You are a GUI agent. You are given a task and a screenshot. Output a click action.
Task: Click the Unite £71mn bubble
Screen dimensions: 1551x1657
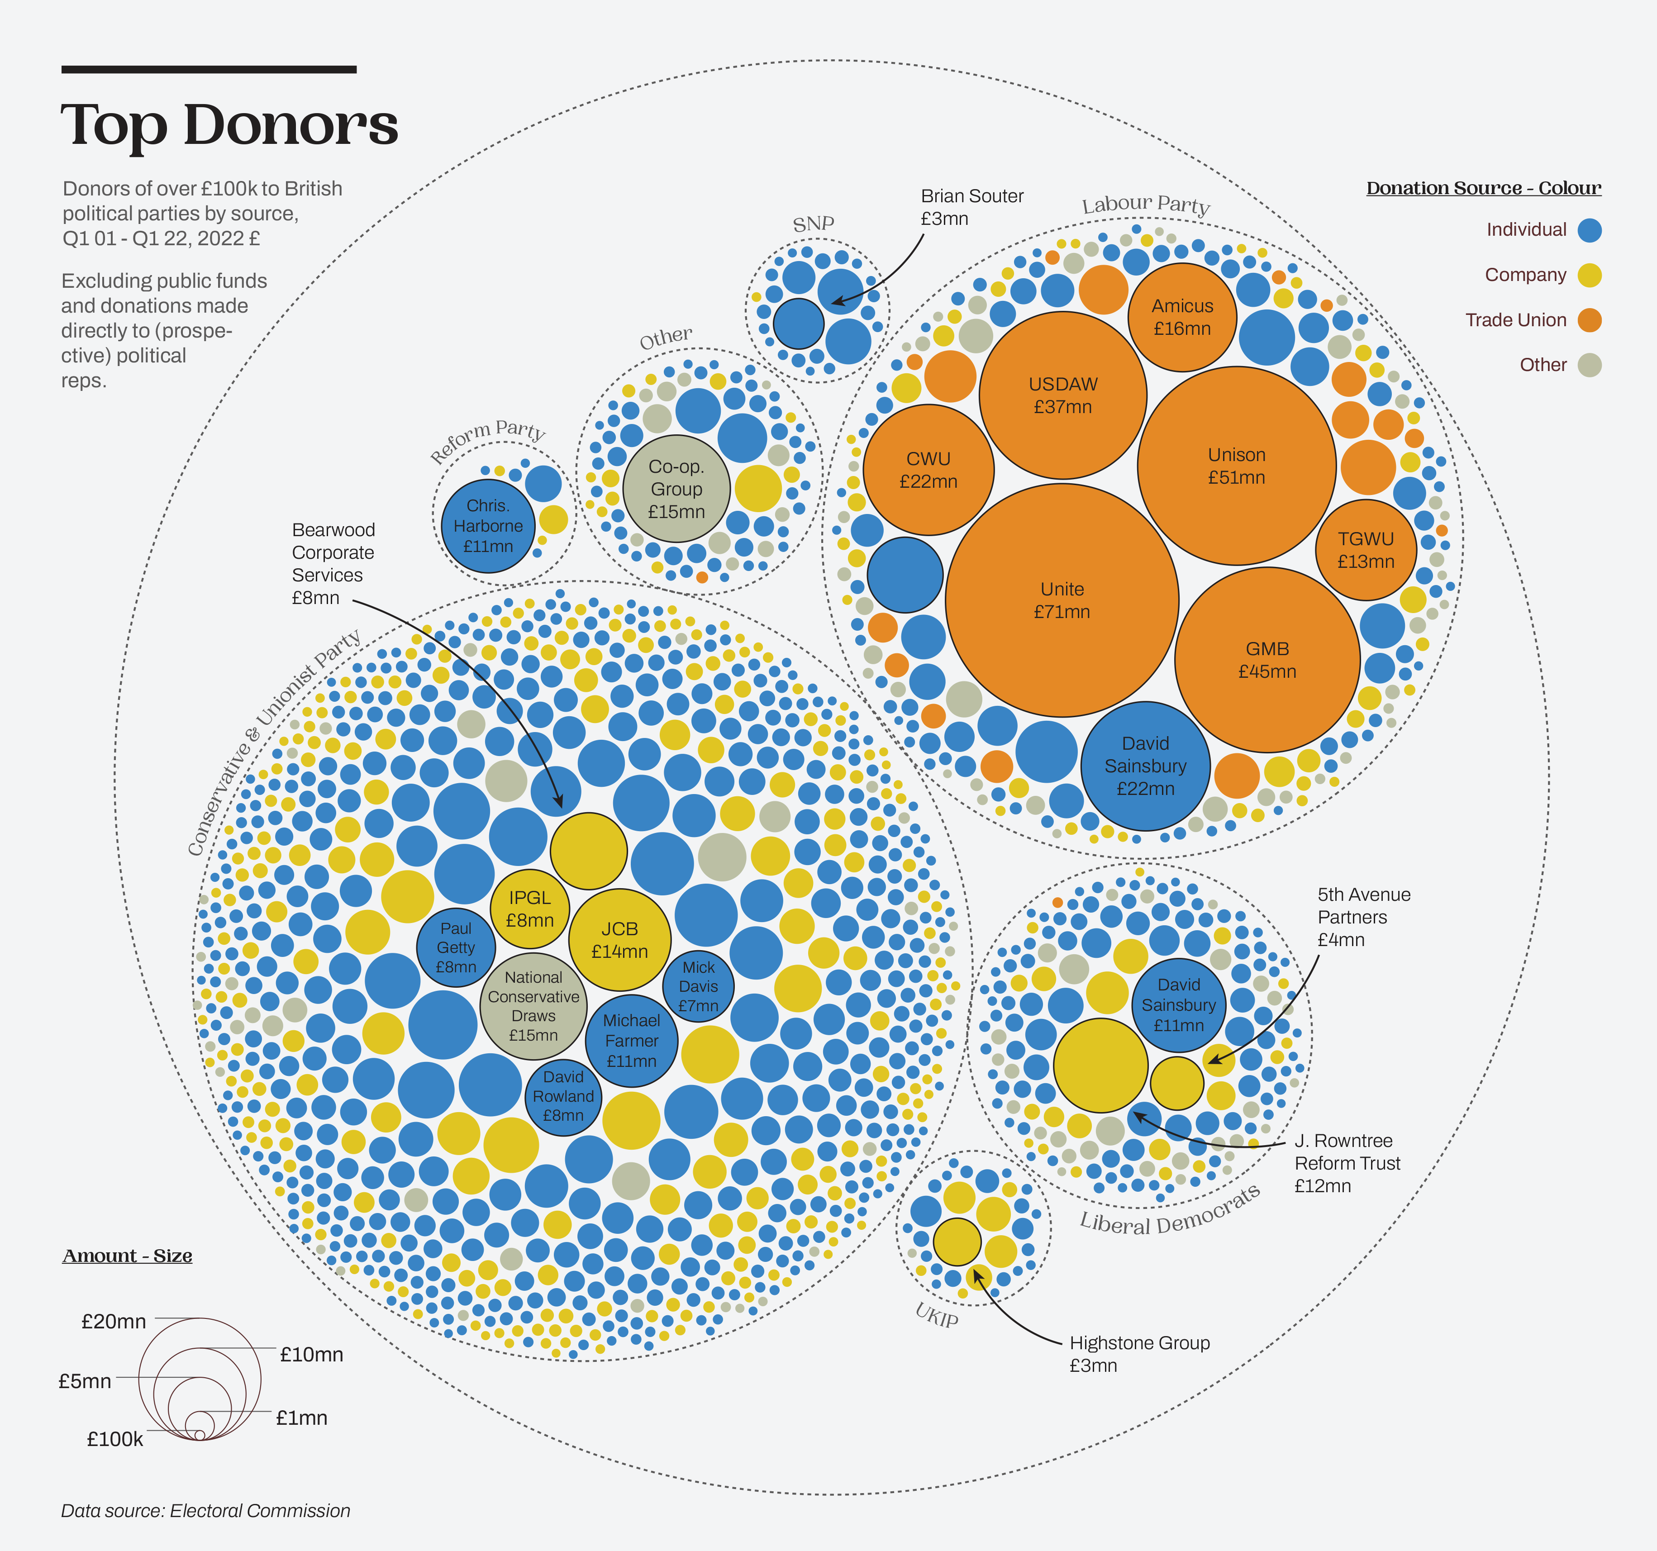(x=1062, y=600)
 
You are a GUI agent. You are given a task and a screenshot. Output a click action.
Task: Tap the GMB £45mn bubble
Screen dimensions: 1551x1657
(x=1267, y=660)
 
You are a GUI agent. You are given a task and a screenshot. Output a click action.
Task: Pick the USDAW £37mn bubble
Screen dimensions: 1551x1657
(x=1063, y=395)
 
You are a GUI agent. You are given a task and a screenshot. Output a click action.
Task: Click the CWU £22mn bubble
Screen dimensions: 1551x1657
(x=928, y=470)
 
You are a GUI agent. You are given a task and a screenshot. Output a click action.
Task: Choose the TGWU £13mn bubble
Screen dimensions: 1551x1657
(x=1365, y=550)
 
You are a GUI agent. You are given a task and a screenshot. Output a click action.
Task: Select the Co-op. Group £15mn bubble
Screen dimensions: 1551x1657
(x=676, y=489)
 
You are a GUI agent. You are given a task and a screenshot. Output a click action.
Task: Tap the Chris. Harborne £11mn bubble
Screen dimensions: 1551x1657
(x=488, y=526)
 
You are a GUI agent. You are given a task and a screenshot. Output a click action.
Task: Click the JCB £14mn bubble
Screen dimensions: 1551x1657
(x=619, y=940)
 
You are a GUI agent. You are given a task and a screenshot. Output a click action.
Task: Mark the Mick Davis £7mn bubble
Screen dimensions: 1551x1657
(x=699, y=987)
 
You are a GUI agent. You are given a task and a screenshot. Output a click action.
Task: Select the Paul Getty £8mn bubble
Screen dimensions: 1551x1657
(x=456, y=947)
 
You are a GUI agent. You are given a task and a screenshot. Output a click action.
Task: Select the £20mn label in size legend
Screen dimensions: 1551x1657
(x=114, y=1322)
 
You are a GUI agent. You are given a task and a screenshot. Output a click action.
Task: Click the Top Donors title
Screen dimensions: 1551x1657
(x=229, y=125)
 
